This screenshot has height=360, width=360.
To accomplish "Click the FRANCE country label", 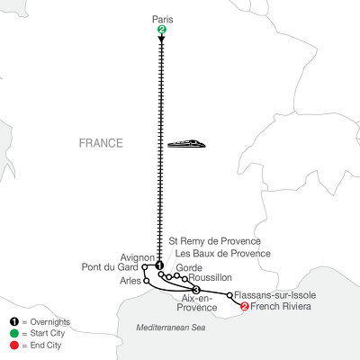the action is click(101, 143).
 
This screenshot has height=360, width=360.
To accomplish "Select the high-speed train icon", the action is click(188, 142).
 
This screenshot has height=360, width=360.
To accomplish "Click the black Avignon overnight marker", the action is click(159, 265).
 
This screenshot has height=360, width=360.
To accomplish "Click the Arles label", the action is click(128, 282).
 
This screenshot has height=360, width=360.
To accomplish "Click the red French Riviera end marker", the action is click(245, 308).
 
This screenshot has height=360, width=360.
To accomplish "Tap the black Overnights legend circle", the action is click(9, 321).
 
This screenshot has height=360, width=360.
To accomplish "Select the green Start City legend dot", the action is click(9, 333).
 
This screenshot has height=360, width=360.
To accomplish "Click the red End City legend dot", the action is click(9, 345).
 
